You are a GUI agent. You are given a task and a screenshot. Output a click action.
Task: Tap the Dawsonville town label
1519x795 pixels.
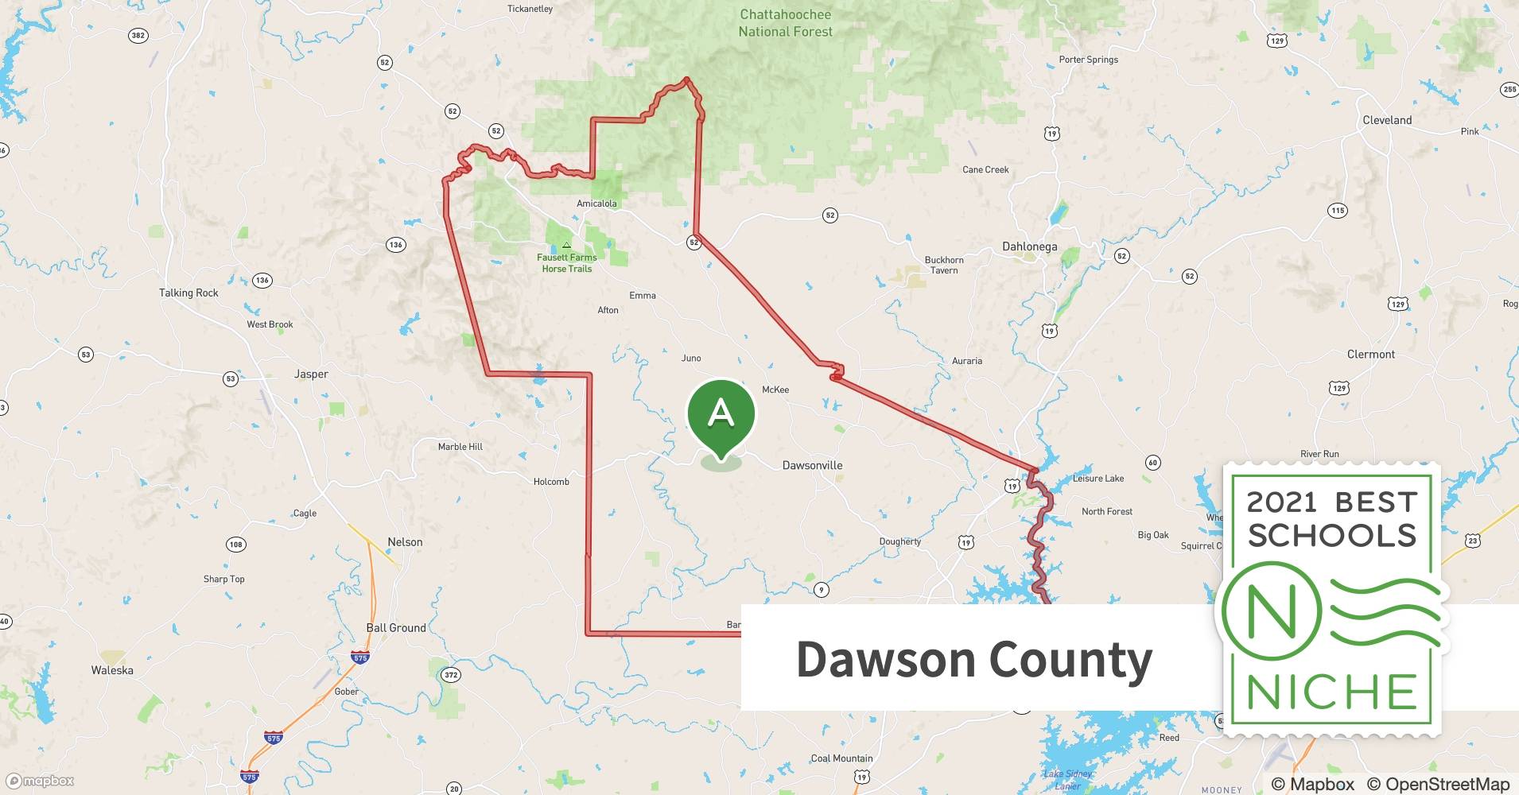812,465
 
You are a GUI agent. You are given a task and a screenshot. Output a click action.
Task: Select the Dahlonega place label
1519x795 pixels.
1029,246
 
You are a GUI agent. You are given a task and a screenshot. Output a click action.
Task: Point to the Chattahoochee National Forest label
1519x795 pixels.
785,23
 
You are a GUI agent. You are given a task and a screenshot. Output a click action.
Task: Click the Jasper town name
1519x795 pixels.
311,374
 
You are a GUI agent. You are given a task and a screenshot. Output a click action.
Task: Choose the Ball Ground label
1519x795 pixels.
396,627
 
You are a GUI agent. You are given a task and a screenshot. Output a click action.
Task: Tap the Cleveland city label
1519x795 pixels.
1387,120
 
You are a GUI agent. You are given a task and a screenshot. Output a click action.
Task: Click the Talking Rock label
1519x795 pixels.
188,293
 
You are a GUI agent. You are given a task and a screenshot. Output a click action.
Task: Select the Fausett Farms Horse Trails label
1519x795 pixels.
566,262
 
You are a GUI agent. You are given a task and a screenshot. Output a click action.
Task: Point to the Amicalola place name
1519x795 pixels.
596,204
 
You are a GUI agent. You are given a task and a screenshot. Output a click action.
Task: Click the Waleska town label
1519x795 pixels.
112,670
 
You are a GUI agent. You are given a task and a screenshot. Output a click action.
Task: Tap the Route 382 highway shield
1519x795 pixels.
138,36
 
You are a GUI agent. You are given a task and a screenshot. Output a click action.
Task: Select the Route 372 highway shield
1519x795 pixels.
451,675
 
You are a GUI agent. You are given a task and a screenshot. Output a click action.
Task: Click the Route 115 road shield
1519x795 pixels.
1337,211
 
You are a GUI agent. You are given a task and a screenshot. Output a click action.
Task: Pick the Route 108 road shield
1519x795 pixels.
235,545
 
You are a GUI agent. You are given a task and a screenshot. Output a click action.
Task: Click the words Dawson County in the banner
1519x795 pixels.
973,660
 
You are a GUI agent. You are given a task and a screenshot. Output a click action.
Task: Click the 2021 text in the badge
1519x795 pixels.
1281,502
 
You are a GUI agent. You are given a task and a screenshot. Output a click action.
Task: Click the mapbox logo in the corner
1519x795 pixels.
40,781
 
